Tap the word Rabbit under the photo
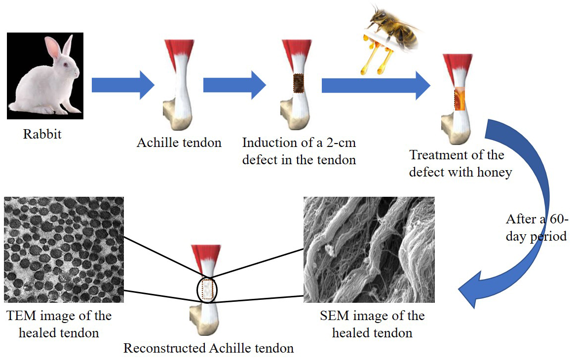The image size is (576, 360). (42, 134)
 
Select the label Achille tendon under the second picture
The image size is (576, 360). (179, 143)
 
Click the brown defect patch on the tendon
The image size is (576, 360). (299, 83)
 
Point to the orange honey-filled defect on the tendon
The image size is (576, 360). (460, 99)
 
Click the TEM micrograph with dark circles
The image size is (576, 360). (64, 249)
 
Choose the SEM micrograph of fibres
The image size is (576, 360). (369, 249)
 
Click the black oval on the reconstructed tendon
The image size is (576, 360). (207, 289)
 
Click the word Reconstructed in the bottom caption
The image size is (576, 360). (164, 348)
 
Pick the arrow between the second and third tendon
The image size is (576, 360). (234, 84)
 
